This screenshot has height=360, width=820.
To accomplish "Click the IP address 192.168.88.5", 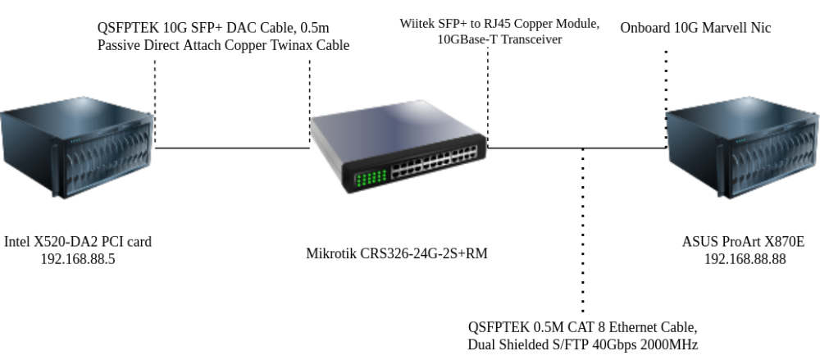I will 78,258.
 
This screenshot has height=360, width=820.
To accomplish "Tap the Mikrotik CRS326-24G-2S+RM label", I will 397,253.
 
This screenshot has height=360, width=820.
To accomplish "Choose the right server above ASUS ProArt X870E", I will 743,151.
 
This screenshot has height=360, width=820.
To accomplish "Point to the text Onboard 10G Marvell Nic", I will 695,29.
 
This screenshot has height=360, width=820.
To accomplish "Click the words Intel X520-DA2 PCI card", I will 78,242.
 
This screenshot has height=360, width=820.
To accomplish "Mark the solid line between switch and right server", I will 574,148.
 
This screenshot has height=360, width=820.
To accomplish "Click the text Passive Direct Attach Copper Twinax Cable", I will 223,45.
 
